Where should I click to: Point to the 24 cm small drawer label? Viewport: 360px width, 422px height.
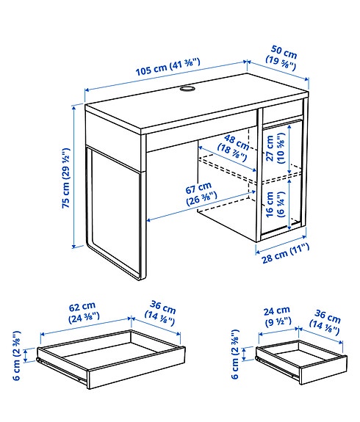278,316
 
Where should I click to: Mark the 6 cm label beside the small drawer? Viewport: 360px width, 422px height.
237,357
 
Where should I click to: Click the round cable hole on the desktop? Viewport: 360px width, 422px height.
184,90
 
